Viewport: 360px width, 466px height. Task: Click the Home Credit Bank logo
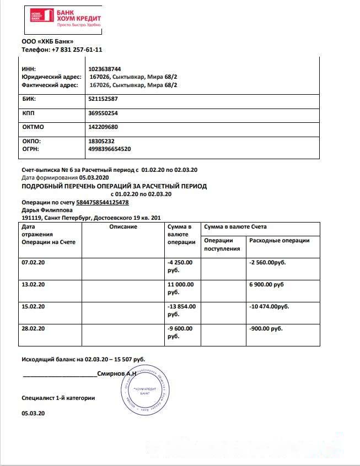(x=66, y=18)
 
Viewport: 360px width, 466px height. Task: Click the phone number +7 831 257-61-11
(x=77, y=50)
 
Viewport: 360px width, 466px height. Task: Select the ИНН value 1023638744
(x=105, y=69)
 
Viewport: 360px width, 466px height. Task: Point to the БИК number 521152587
(x=103, y=99)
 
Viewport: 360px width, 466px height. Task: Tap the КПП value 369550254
(x=103, y=113)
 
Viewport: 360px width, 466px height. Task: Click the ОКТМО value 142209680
(x=103, y=127)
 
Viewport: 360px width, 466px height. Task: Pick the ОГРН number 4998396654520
(x=110, y=149)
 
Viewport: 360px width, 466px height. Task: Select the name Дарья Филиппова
(x=47, y=210)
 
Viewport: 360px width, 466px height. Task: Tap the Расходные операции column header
(x=280, y=241)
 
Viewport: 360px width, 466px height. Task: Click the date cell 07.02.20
(x=33, y=262)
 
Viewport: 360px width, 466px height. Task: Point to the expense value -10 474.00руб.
(x=270, y=306)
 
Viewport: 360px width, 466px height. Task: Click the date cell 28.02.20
(x=33, y=328)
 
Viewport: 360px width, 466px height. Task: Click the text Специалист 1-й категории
(x=58, y=397)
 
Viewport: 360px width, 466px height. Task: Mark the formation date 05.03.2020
(x=94, y=178)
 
